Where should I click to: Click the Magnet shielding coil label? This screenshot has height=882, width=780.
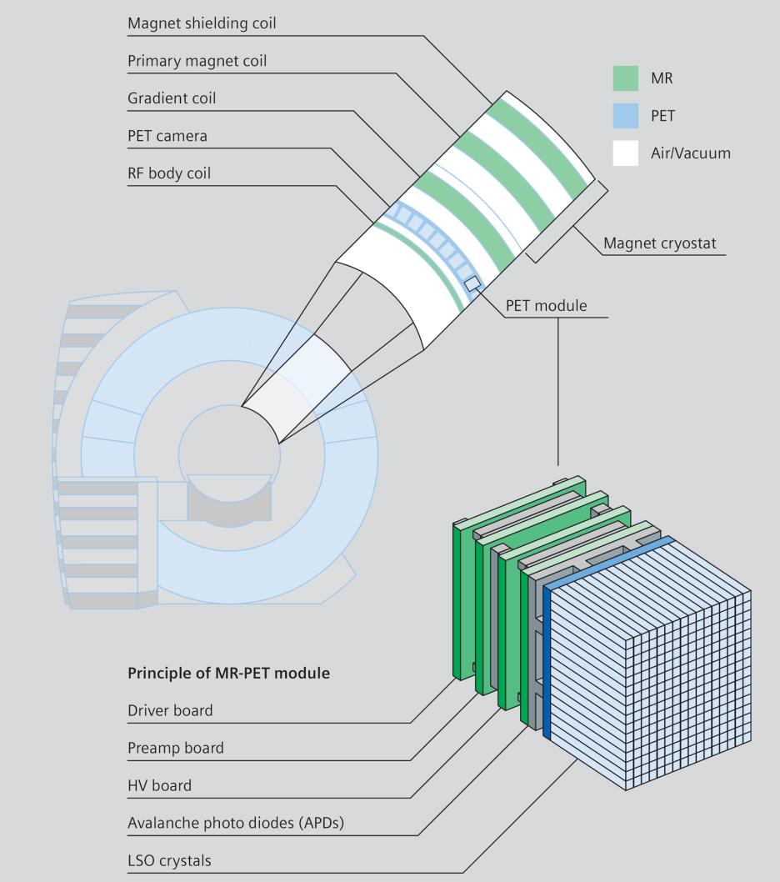coord(202,23)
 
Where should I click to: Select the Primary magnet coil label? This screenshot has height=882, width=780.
coord(197,61)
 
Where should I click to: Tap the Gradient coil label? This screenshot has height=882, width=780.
coord(172,98)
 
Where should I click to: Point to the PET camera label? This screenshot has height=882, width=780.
coord(167,136)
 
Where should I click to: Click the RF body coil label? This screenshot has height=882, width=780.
coord(168,173)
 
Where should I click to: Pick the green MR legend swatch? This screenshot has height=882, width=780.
coord(625,78)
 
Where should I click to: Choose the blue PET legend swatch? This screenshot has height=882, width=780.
coord(625,116)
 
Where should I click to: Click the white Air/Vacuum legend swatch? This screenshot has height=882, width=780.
coord(625,153)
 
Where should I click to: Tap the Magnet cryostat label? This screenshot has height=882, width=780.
coord(660,243)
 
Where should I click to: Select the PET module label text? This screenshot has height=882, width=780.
coord(546,305)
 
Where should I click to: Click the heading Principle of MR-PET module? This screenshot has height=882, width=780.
coord(228,673)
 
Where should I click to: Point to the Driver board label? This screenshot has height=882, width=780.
coord(170,710)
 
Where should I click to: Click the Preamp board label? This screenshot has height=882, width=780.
coord(176,748)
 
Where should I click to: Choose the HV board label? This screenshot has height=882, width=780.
coord(159,785)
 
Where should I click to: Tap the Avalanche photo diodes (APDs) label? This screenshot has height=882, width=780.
coord(236,823)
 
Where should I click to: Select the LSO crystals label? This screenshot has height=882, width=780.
coord(169,860)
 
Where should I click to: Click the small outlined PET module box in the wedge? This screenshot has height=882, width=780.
coord(472,283)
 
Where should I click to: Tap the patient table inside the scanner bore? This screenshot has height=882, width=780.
coord(229,499)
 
